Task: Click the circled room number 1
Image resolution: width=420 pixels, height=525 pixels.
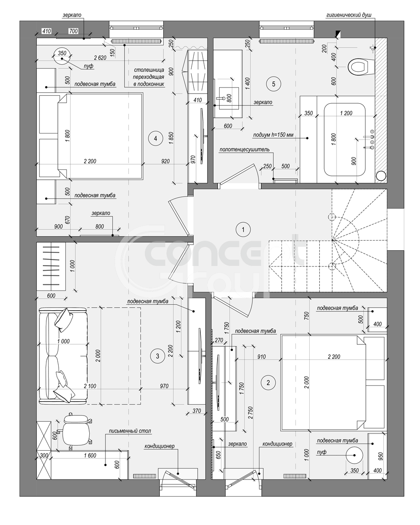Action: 243,230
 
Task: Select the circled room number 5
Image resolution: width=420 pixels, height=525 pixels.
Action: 273,84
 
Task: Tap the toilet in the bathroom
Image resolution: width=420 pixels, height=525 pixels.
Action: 360,66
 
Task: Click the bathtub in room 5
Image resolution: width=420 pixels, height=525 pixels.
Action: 344,140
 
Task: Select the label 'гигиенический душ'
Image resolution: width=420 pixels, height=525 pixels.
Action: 349,15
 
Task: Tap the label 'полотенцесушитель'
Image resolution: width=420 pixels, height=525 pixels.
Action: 244,149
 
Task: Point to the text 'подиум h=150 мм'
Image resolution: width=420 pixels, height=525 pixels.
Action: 273,135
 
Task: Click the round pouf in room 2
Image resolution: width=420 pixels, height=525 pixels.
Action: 354,455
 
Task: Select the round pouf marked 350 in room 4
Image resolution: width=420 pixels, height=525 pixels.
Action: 62,56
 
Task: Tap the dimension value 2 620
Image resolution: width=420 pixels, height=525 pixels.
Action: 100,58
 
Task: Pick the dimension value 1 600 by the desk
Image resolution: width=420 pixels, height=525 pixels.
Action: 90,455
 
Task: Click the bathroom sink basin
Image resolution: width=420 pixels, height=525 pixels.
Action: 229,98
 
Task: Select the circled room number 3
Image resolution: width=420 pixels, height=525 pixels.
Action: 157,356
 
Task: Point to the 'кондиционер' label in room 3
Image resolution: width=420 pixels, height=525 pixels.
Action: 159,446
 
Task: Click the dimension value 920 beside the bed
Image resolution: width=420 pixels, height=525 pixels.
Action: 165,161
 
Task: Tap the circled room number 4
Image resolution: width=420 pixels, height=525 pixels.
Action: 155,138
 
